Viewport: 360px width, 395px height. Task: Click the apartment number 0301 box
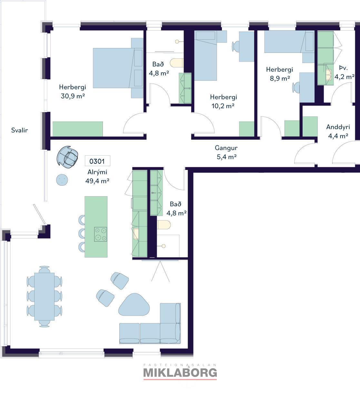(x=97, y=161)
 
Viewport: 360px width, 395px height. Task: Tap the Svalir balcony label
(x=19, y=130)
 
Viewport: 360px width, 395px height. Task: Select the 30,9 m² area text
(x=73, y=96)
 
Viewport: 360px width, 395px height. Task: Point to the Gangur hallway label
(x=226, y=148)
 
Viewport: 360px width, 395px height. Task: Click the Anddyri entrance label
(x=338, y=127)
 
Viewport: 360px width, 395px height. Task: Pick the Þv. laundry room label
(x=343, y=68)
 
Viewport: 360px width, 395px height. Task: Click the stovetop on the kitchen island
(x=101, y=234)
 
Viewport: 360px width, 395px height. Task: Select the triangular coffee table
(x=134, y=305)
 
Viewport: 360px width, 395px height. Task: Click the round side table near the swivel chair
(x=62, y=180)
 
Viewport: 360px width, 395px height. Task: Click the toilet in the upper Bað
(x=177, y=63)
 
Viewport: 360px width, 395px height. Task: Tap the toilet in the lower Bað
(x=164, y=225)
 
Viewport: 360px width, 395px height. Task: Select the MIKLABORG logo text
(x=180, y=373)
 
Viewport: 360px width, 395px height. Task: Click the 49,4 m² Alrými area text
(x=97, y=181)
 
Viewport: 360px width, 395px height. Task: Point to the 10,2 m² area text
(x=223, y=106)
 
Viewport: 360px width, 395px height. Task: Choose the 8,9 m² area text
(x=280, y=78)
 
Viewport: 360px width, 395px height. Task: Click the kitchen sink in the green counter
(x=136, y=234)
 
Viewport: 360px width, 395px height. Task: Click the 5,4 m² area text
(x=226, y=157)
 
